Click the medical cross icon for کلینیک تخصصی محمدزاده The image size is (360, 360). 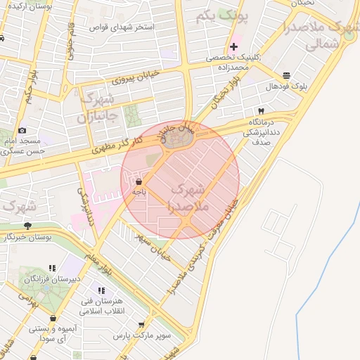[234, 46]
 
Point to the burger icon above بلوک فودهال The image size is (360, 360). [286, 75]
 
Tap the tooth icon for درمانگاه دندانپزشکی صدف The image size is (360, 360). [262, 111]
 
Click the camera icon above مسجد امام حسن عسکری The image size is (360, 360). [22, 130]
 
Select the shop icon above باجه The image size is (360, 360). [138, 180]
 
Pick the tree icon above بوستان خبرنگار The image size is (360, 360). [27, 226]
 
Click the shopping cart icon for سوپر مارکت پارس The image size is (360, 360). [141, 325]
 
